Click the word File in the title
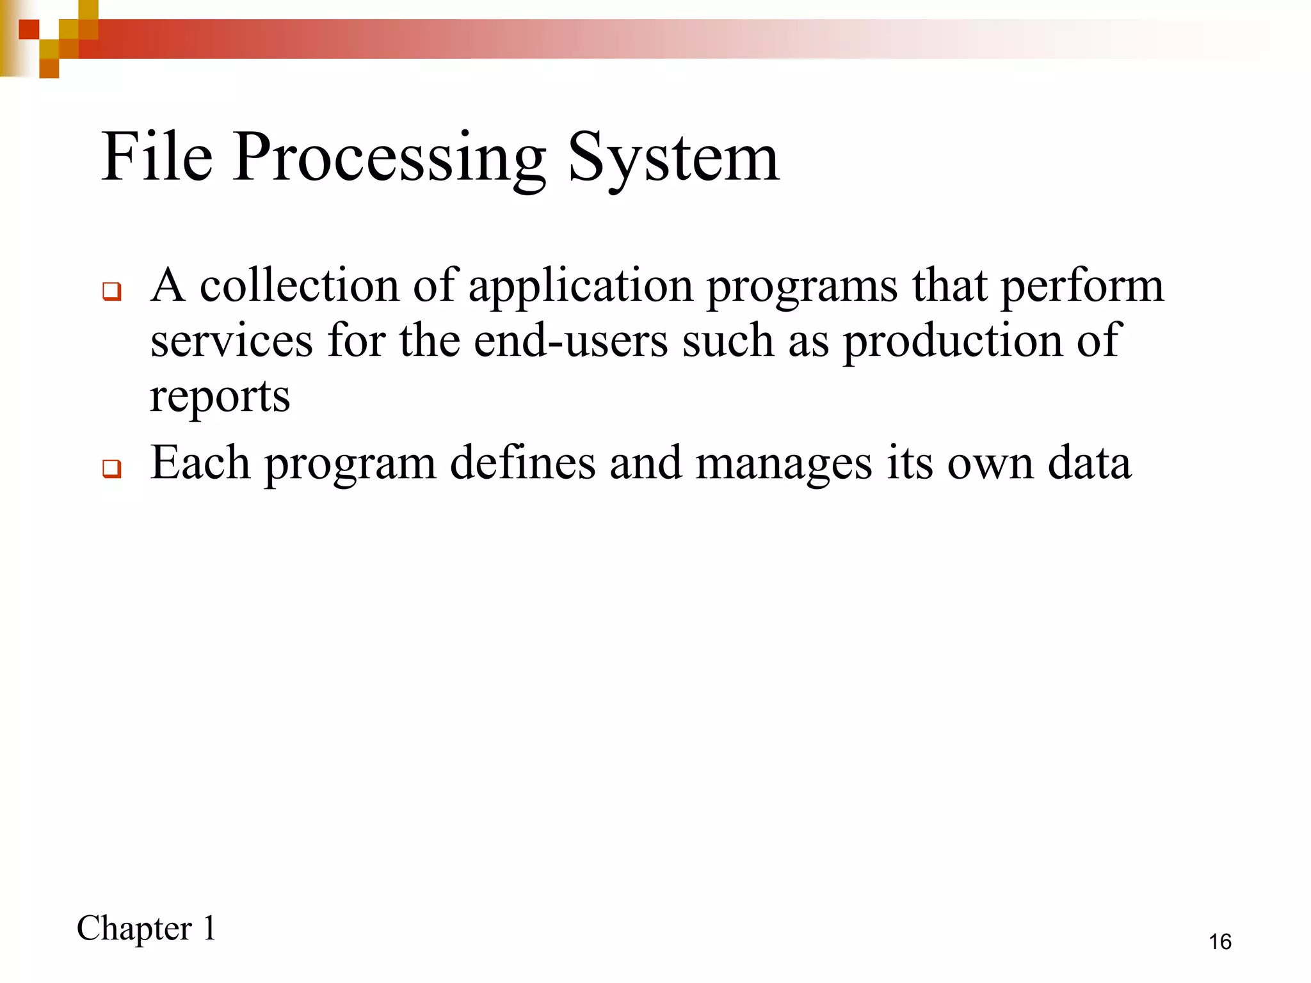157,157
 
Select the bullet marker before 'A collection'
111,291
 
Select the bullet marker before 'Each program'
111,468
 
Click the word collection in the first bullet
300,285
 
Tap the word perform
1082,287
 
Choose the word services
231,341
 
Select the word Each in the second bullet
200,463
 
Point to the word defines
522,463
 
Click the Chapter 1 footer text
147,929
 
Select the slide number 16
1219,942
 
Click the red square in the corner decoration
29,29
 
